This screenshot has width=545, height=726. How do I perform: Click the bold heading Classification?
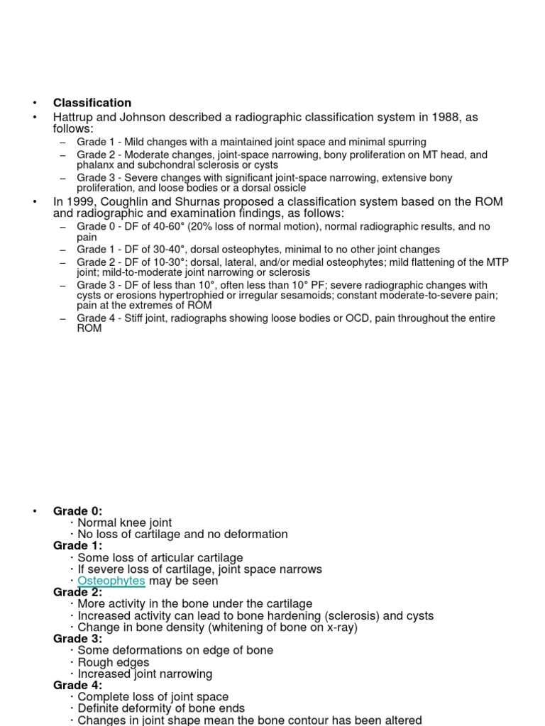[92, 103]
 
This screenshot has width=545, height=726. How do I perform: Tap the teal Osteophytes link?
[111, 581]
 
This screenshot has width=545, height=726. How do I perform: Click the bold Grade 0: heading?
[77, 511]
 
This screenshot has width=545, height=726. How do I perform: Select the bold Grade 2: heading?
[77, 592]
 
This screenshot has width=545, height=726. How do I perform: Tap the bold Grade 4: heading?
[77, 686]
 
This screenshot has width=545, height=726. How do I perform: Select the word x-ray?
[338, 627]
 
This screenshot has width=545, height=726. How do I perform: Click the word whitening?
[233, 627]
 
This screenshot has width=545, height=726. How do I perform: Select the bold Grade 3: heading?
[77, 639]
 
